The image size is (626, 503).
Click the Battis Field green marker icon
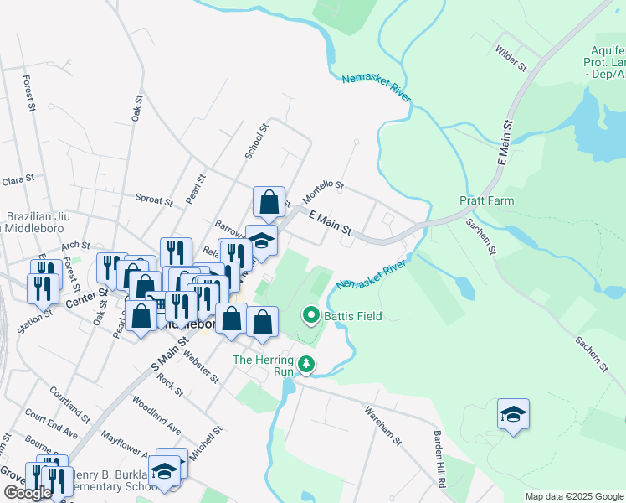pos(311,316)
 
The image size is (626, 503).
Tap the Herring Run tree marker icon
pos(307,364)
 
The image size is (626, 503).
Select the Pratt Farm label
pos(486,201)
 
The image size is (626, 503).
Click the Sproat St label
pos(153,200)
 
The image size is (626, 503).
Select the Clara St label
pos(18,179)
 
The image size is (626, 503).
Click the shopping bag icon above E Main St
pos(269,201)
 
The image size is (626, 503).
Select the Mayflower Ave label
pos(123,449)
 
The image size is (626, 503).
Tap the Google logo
pos(28,493)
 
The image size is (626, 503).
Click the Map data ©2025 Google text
pos(574,496)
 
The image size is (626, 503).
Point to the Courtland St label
pos(69,403)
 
